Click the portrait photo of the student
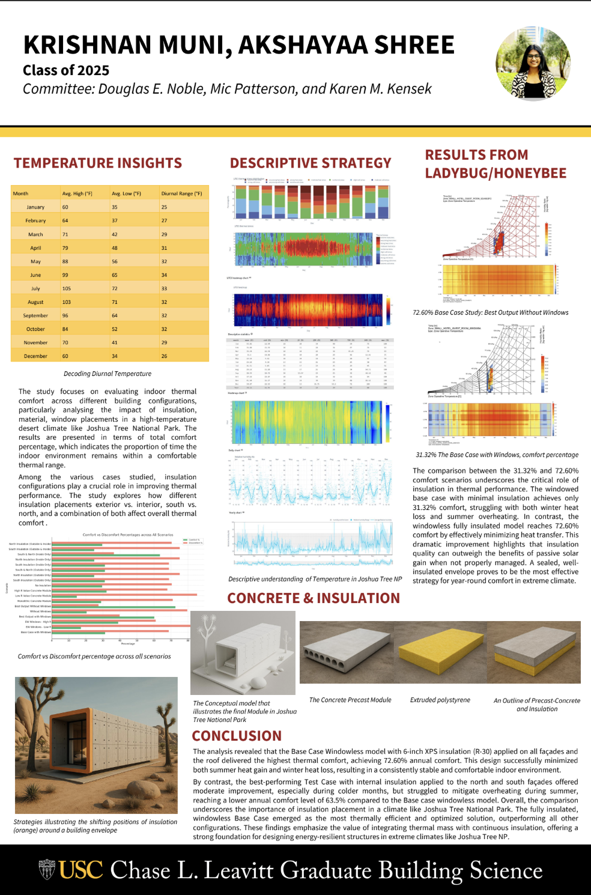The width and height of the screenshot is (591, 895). [533, 63]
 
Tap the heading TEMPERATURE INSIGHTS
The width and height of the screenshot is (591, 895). [98, 163]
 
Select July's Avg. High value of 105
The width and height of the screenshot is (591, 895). [67, 288]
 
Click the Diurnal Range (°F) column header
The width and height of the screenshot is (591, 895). [181, 193]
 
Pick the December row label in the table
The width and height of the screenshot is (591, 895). [35, 356]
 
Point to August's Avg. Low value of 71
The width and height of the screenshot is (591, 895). [115, 302]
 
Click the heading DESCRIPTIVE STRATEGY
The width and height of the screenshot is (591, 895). [311, 163]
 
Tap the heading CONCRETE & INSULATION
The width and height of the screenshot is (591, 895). [314, 598]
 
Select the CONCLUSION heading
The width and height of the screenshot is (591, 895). [237, 736]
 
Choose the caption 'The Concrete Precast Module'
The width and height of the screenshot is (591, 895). [350, 700]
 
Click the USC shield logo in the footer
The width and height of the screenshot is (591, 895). [47, 869]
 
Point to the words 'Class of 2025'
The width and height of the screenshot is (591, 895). [66, 70]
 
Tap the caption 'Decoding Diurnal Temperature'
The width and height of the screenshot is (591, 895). [108, 374]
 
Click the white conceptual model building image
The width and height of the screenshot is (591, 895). [243, 653]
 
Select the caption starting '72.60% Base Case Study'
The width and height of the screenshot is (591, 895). [490, 312]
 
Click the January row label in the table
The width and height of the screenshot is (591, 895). [35, 207]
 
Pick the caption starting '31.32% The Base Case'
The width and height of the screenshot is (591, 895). [497, 455]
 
